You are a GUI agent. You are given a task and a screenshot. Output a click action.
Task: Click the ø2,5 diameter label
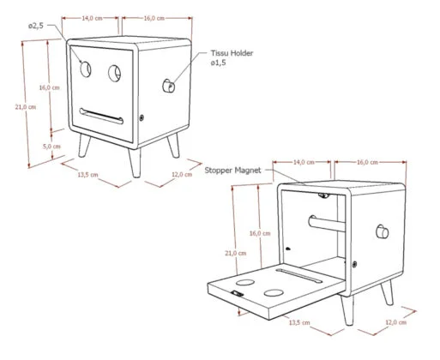tap(37, 27)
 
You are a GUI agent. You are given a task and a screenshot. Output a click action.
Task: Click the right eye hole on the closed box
tap(113, 74)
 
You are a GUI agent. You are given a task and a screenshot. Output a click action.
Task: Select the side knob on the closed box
tap(169, 86)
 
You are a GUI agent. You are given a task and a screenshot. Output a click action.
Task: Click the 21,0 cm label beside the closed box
tap(27, 106)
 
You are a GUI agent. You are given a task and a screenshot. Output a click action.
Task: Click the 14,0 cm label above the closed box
tap(93, 17)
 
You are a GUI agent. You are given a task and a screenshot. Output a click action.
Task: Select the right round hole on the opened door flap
tap(275, 294)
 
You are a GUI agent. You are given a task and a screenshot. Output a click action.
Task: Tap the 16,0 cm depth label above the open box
tap(367, 161)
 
